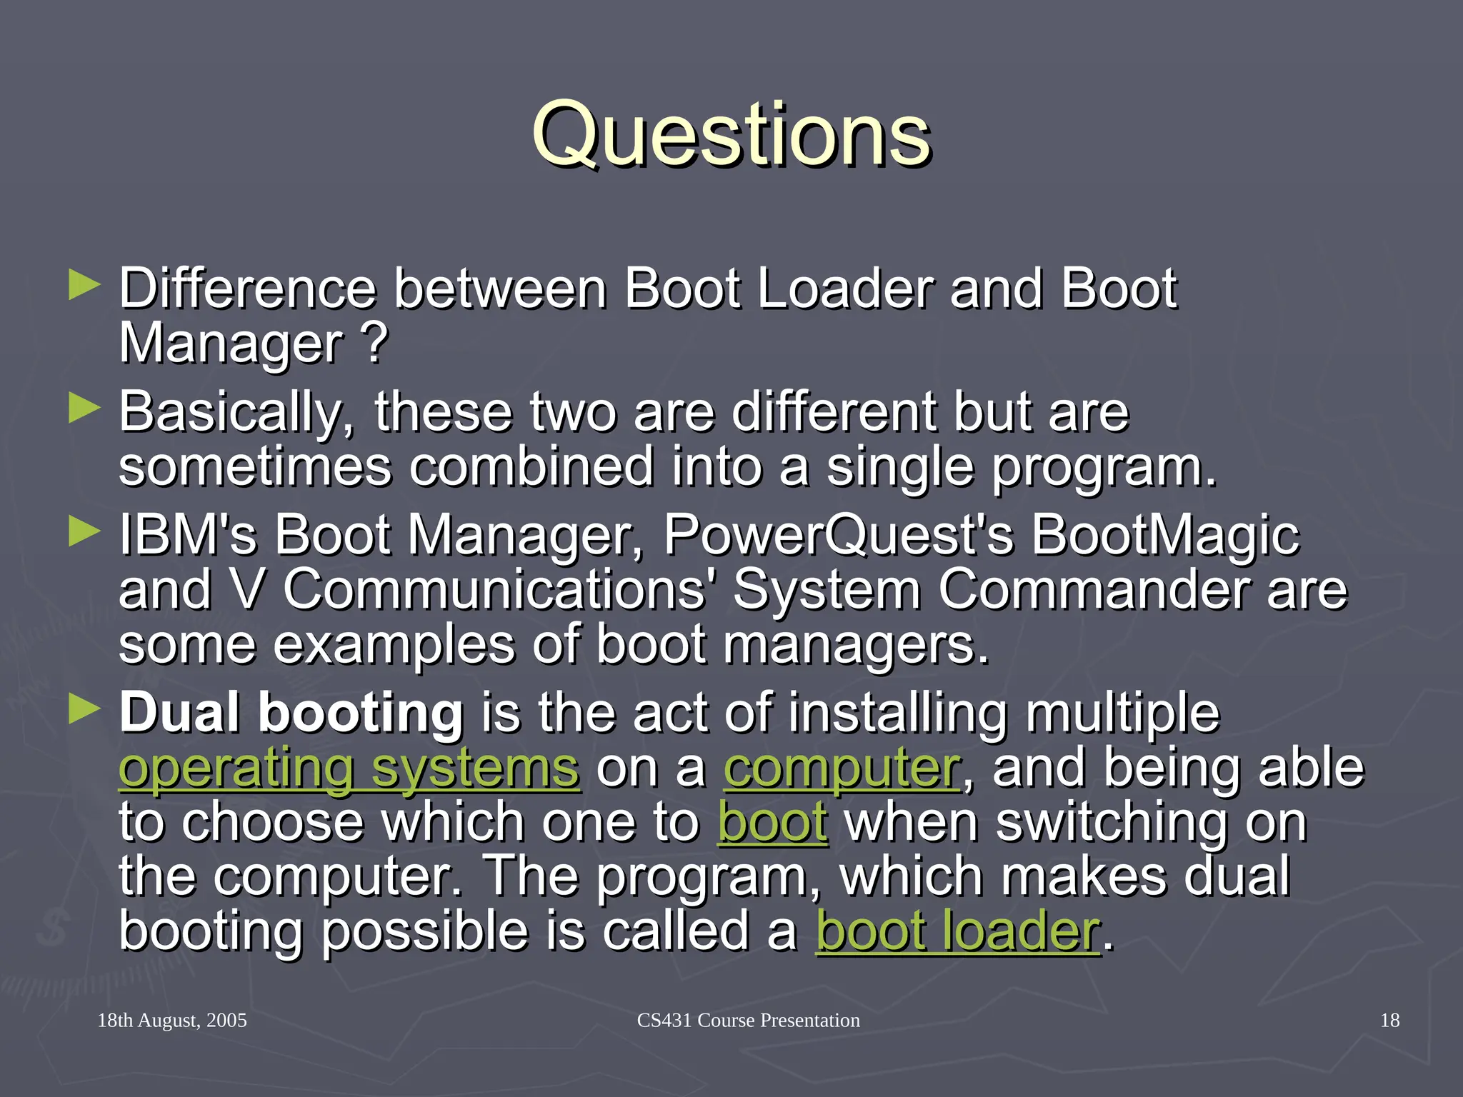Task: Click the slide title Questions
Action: (731, 134)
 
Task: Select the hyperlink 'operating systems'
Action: (349, 768)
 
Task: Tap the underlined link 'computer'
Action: (842, 768)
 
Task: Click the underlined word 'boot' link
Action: (772, 823)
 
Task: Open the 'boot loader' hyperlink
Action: (957, 931)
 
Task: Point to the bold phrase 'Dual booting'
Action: (291, 713)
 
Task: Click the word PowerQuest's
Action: (838, 536)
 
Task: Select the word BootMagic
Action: (1165, 536)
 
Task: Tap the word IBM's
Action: (187, 536)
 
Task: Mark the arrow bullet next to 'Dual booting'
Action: (84, 710)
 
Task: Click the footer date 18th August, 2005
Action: (172, 1020)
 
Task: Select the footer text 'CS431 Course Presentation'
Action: (748, 1020)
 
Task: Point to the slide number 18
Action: (1389, 1020)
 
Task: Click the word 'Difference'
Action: (247, 289)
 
